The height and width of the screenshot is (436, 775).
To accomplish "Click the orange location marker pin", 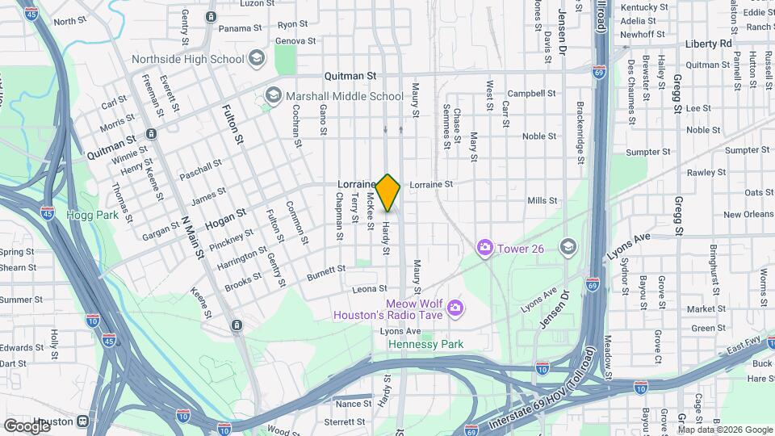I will click(388, 192).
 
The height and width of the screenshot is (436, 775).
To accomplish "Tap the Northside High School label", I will click(187, 59).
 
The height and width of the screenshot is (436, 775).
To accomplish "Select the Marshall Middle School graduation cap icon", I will click(273, 96).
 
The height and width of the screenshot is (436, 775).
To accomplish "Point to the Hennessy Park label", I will click(425, 344).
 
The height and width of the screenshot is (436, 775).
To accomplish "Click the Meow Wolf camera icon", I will click(455, 308).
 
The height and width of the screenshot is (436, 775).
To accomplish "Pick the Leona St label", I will click(371, 288).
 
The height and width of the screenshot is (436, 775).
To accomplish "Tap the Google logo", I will click(26, 425).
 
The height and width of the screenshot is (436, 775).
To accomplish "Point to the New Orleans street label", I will click(747, 215).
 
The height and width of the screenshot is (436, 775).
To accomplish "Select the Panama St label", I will click(235, 28).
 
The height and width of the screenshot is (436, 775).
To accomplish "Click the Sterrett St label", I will click(345, 421).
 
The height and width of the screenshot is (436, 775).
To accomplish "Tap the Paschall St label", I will click(200, 170).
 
